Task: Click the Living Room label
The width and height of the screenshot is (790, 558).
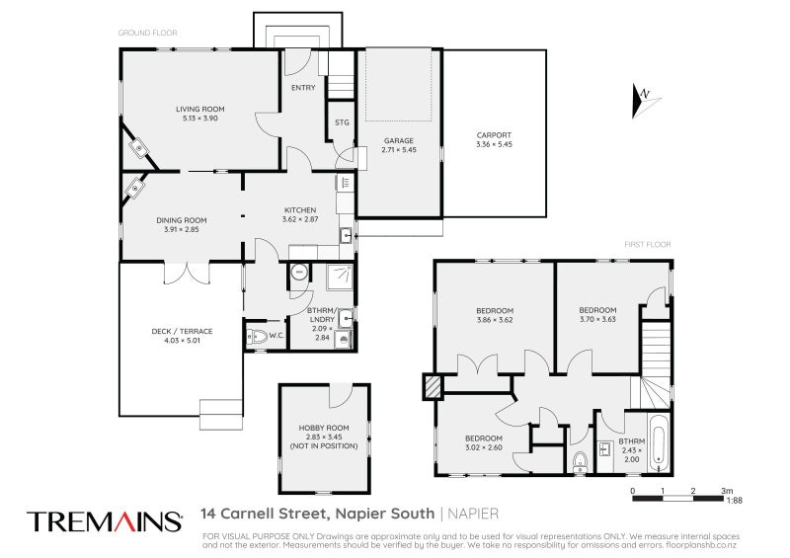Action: [x=200, y=109]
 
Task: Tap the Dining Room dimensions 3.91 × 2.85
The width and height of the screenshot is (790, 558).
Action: [x=181, y=229]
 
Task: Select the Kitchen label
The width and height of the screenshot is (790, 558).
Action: [x=300, y=209]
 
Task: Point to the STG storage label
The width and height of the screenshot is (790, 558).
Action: [x=342, y=122]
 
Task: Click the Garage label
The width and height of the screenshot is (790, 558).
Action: [x=399, y=140]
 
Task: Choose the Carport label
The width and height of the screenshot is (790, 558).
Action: [x=495, y=135]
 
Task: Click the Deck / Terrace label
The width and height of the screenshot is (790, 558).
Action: [x=182, y=331]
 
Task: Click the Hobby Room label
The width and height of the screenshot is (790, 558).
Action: [x=325, y=428]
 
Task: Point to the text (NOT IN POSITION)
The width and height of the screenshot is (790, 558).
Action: [x=325, y=446]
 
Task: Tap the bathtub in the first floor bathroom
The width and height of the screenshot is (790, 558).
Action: [x=660, y=443]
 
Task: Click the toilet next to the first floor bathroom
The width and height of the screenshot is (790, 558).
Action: [x=581, y=459]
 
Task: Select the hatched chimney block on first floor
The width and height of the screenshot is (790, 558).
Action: [x=432, y=386]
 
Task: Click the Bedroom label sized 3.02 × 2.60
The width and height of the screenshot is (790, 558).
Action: [x=483, y=438]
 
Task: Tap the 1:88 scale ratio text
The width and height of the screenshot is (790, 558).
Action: [x=734, y=501]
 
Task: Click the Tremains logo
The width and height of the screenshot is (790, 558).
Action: [x=104, y=520]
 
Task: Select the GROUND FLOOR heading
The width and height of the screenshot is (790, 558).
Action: [x=147, y=33]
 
